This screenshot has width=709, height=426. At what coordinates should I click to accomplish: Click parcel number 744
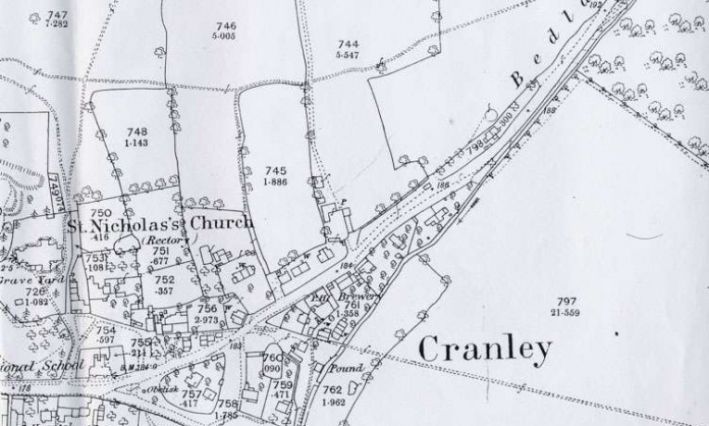[x=348, y=44]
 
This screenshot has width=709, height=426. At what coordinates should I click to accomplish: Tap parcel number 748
[x=135, y=132]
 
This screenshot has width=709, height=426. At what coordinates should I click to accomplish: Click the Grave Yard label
[x=21, y=279]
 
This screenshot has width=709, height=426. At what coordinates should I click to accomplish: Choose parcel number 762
[x=333, y=391]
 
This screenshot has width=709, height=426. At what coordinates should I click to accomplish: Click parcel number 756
[x=208, y=309]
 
